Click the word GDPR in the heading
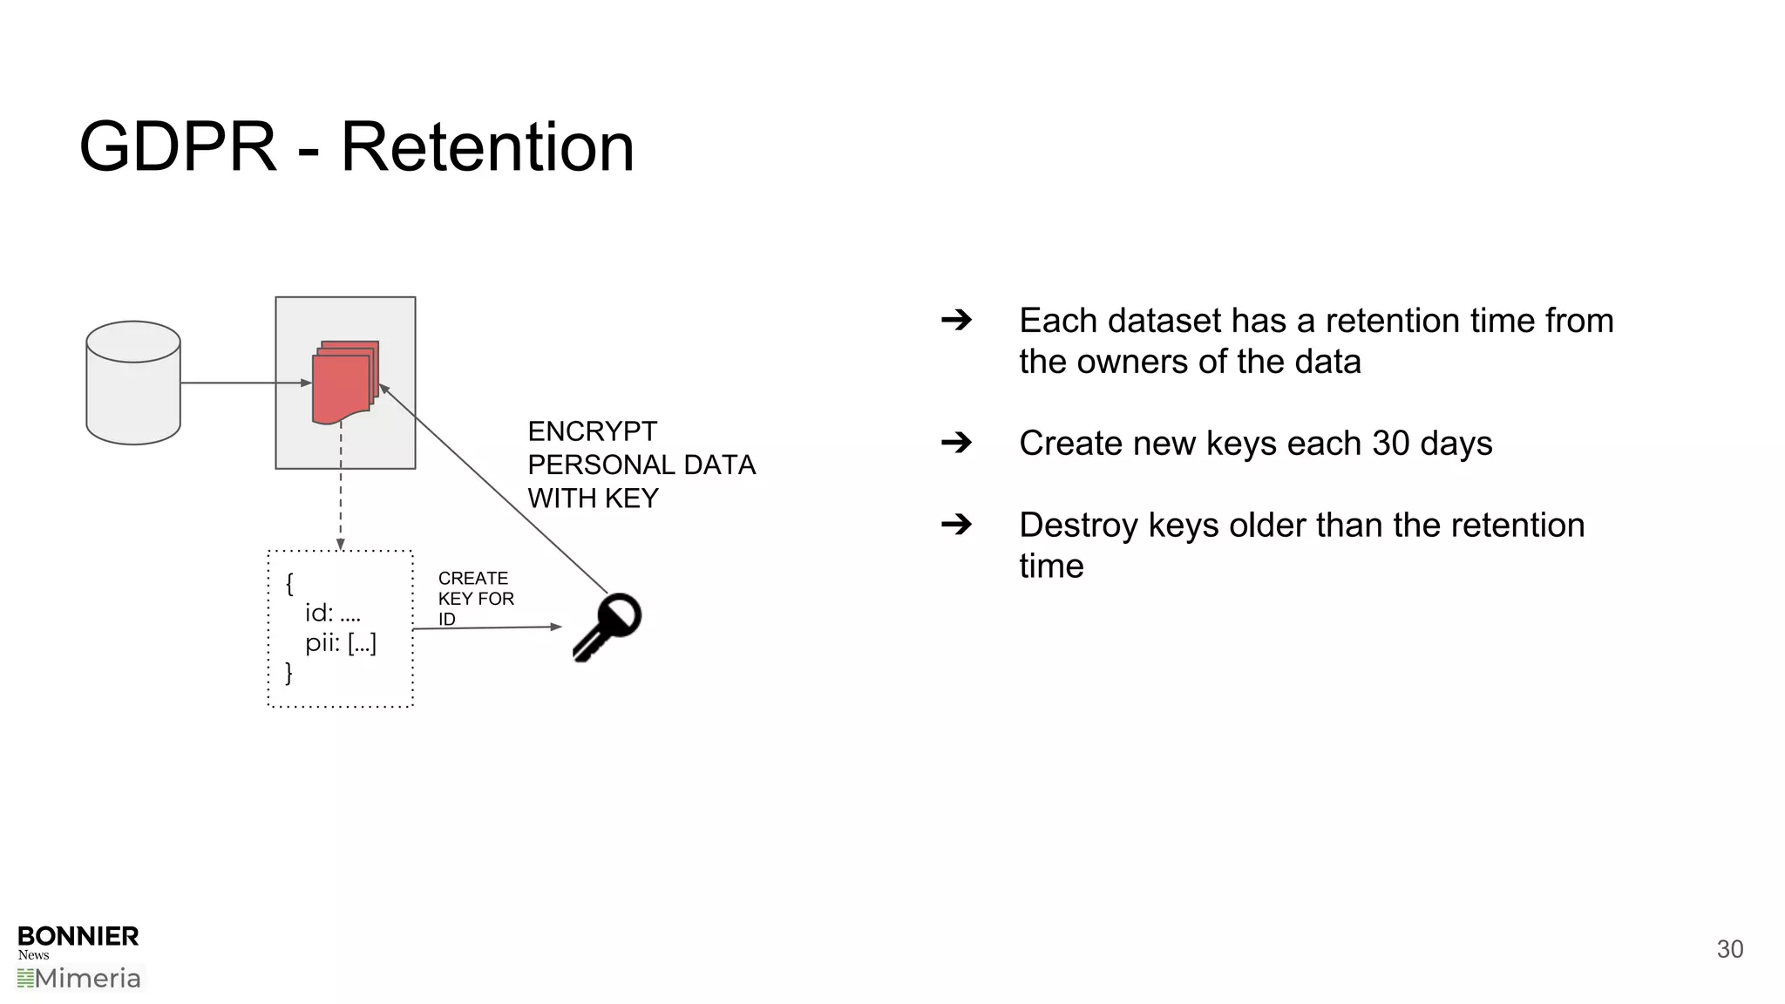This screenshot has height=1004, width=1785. (x=178, y=146)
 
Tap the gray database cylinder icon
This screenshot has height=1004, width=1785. (x=133, y=383)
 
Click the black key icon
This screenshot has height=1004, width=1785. (x=607, y=627)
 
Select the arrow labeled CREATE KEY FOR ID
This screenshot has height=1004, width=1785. (x=488, y=627)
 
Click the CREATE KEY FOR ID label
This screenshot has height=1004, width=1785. (x=475, y=598)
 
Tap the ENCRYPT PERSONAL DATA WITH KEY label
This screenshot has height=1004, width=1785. (x=641, y=465)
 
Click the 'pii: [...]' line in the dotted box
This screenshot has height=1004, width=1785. (x=340, y=643)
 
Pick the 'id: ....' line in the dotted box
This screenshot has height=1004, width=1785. (x=332, y=613)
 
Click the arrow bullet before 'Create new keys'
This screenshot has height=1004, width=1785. (x=956, y=443)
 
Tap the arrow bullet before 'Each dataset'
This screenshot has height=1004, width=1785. (x=956, y=320)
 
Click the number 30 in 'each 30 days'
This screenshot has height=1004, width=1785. (x=1391, y=444)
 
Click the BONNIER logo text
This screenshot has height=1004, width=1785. (x=78, y=936)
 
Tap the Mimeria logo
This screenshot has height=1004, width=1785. (x=79, y=978)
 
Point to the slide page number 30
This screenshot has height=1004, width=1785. (x=1729, y=949)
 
